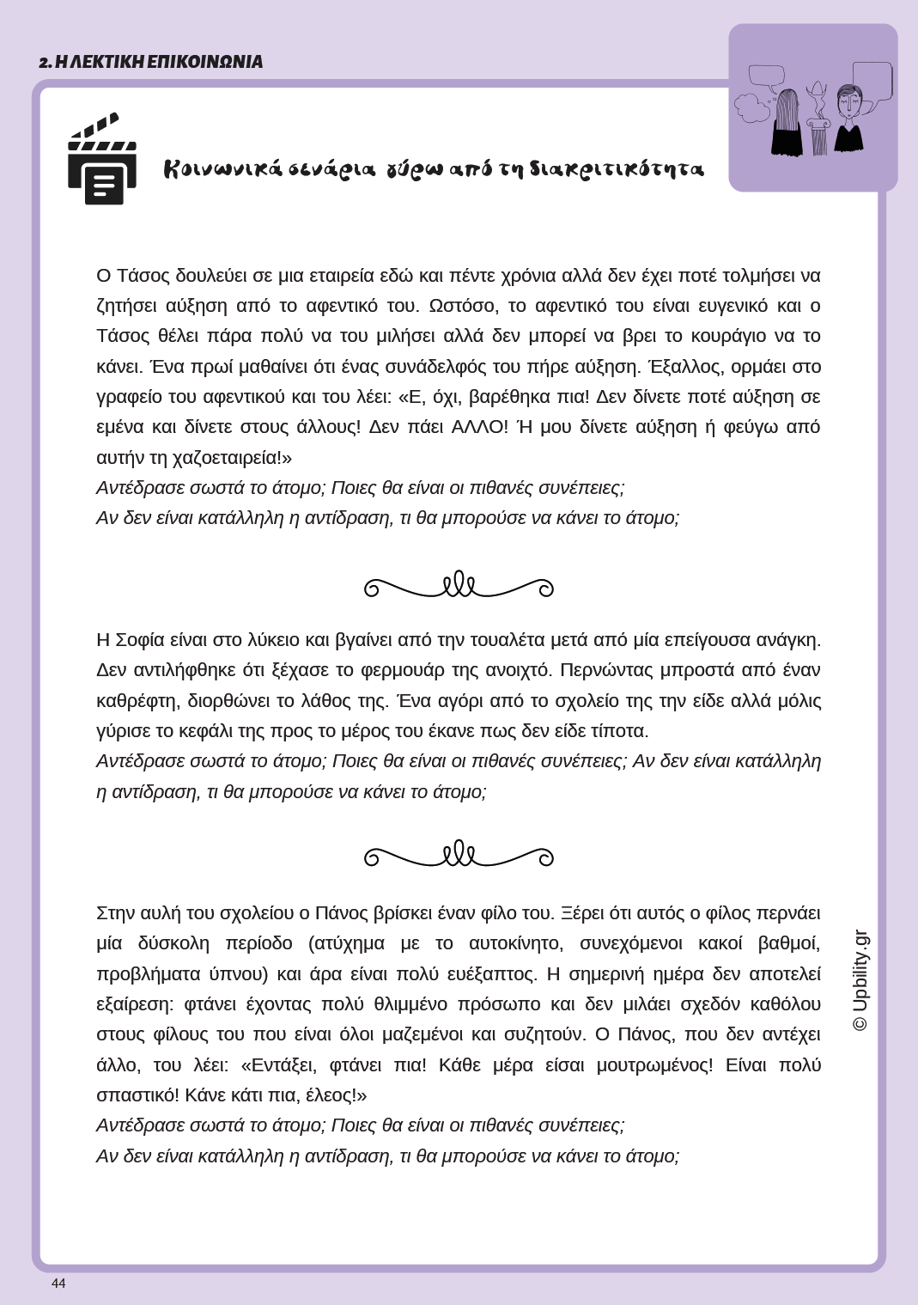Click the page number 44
coord(58,1284)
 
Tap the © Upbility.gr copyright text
coord(860,980)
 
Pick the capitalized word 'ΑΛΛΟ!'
coord(479,427)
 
